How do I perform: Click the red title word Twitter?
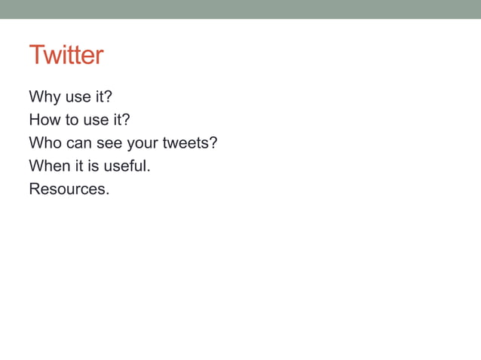[x=66, y=56]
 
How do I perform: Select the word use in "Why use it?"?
[x=78, y=97]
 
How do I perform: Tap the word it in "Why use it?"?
[x=100, y=97]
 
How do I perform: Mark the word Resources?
[x=69, y=188]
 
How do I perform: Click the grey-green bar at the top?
[x=240, y=9]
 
